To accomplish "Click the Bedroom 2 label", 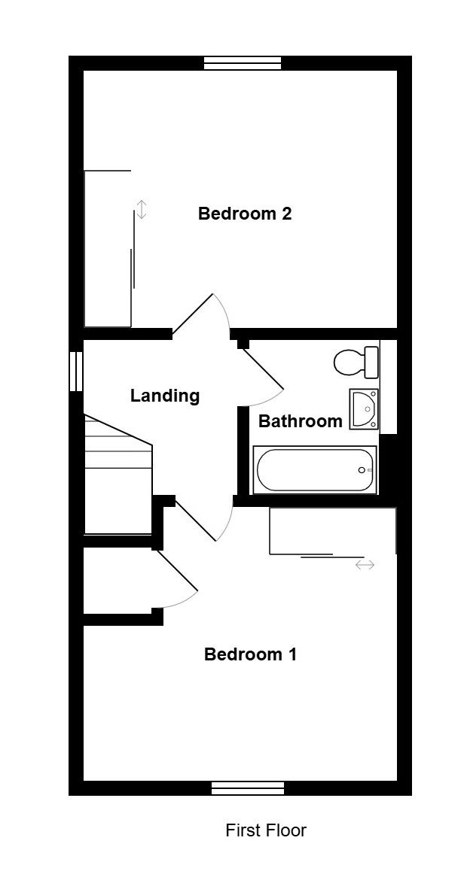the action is [x=245, y=214].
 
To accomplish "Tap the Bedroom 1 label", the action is [x=250, y=654].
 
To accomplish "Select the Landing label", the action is [x=165, y=396].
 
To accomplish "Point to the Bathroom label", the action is [x=301, y=422].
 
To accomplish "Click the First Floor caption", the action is [x=266, y=830].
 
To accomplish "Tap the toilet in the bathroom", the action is [x=356, y=362].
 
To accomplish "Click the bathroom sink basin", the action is [x=365, y=409].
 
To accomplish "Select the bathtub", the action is [x=315, y=470].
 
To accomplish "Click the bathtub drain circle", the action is [x=362, y=471].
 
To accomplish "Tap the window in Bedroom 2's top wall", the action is [x=243, y=63].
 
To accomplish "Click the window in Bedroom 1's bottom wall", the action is [x=248, y=788].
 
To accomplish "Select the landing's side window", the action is [x=76, y=371].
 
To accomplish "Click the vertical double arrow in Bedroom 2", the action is [x=142, y=210].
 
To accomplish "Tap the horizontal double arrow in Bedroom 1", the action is [x=365, y=565].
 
